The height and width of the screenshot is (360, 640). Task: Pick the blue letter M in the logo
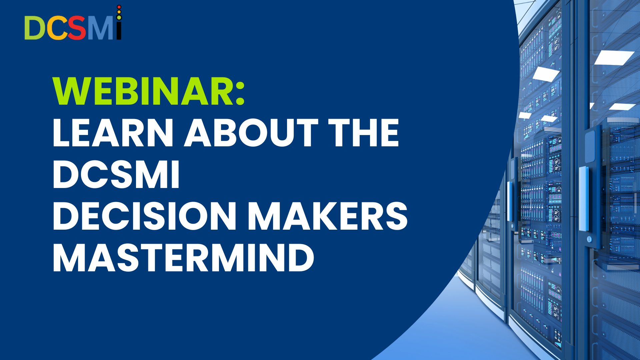[100, 28]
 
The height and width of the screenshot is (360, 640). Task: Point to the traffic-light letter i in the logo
[119, 22]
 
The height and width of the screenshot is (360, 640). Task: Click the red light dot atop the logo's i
[119, 7]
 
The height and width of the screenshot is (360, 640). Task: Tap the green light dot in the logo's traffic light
[119, 17]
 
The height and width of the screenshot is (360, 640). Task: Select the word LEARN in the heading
[113, 133]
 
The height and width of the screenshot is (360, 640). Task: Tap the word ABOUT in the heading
[251, 133]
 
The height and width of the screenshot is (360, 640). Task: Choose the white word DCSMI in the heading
[116, 175]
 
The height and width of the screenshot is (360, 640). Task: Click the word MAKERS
[328, 216]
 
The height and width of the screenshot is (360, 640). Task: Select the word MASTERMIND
[183, 258]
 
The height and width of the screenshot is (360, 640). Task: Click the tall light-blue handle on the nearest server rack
[584, 199]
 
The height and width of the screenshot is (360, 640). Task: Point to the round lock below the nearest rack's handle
[589, 239]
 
